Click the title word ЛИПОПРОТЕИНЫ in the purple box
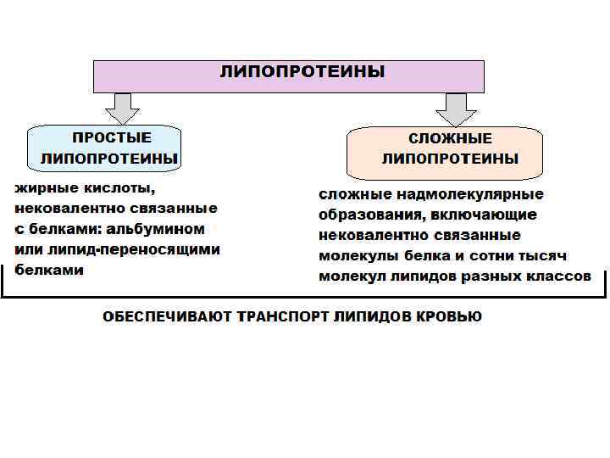tap(302, 72)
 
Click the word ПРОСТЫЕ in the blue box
tap(112, 137)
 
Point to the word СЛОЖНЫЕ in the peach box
tap(450, 138)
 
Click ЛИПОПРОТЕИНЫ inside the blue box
tap(109, 159)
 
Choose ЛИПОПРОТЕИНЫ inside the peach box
tap(450, 159)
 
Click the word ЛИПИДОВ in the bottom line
tap(372, 317)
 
